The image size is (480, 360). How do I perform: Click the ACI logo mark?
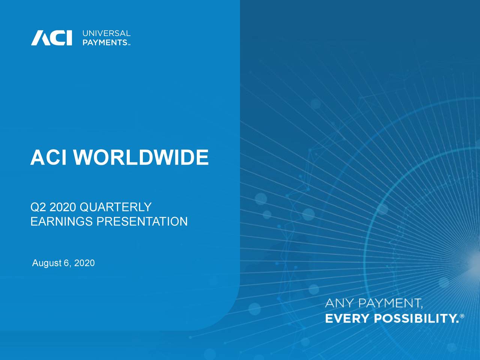click(51, 38)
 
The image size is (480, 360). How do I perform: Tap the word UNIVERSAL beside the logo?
click(106, 33)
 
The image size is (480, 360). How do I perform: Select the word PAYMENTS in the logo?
click(105, 43)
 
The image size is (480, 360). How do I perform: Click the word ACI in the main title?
click(48, 157)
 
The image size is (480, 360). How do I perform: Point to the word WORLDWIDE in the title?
click(141, 157)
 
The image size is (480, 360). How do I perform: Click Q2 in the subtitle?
click(38, 207)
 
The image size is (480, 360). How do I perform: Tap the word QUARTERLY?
click(115, 207)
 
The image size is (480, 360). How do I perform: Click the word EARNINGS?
click(61, 222)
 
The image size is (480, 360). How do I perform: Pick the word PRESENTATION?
click(142, 222)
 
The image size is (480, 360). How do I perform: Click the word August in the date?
click(46, 263)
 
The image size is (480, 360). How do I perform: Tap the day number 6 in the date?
click(66, 263)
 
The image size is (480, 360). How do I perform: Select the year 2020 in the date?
click(84, 263)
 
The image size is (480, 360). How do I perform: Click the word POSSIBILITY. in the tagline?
click(416, 319)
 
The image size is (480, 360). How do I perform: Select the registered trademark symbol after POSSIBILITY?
click(462, 316)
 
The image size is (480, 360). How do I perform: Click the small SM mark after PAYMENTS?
click(129, 45)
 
